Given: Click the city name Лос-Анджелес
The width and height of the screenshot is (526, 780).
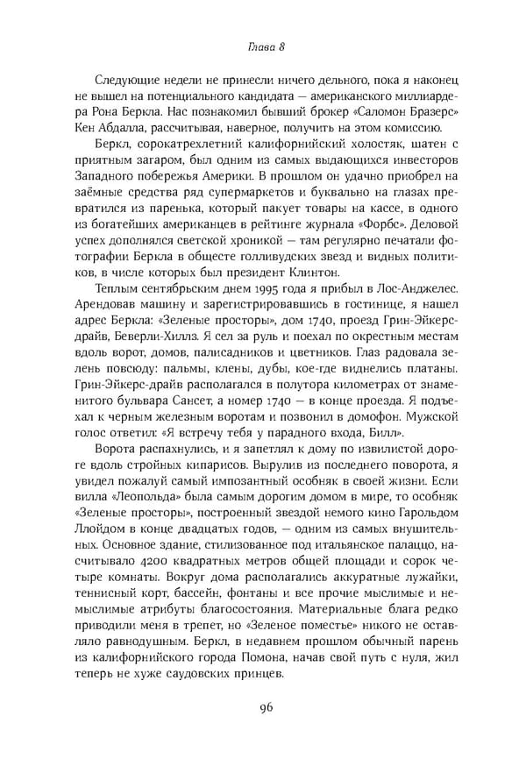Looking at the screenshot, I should [x=407, y=296].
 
